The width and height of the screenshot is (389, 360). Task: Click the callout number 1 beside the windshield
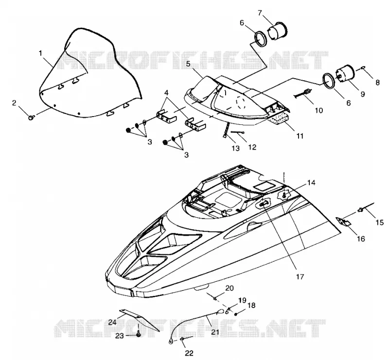tap(41, 53)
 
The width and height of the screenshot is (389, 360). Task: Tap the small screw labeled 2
tap(31, 117)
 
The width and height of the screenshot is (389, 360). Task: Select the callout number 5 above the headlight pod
tap(188, 64)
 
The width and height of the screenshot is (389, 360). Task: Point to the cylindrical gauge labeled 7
tap(277, 32)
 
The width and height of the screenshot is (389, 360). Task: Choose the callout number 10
tap(318, 110)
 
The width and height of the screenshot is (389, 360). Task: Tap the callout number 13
tap(236, 148)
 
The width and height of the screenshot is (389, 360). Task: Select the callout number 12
tap(252, 147)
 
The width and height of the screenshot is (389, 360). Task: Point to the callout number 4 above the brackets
tap(166, 93)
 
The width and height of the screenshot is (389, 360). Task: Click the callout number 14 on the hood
tap(311, 183)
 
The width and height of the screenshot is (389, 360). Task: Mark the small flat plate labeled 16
tap(343, 221)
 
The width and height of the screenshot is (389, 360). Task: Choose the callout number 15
tap(380, 223)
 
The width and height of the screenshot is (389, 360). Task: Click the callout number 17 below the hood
tap(300, 276)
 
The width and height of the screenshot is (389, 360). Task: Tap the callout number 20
tap(230, 288)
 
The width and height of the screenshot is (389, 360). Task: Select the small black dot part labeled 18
tap(236, 314)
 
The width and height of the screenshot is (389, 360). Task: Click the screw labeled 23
tap(139, 334)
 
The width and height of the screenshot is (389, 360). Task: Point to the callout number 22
tap(189, 353)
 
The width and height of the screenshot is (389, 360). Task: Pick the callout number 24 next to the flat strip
tap(113, 322)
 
